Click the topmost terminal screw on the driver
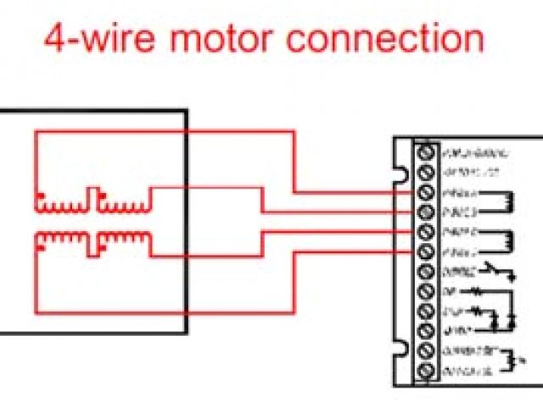click(x=427, y=154)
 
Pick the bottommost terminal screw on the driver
click(x=427, y=371)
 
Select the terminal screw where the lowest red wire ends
click(x=427, y=252)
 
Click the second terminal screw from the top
click(x=427, y=173)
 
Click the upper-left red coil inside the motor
click(x=60, y=204)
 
